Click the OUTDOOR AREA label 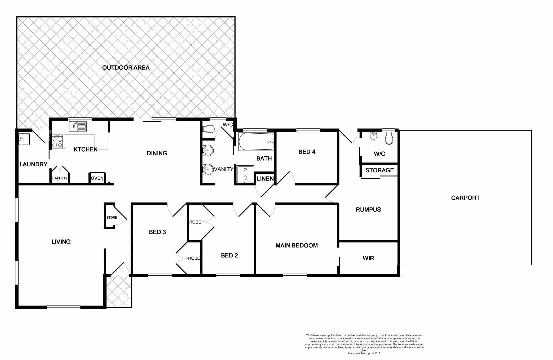pos(126,68)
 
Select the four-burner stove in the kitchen pos(57,142)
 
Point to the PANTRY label pos(60,178)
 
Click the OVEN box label pos(97,178)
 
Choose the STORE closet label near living pos(112,218)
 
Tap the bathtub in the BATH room pos(256,142)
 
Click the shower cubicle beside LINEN pos(245,175)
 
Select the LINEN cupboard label pos(265,179)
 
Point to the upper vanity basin pos(208,151)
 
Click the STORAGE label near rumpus pos(379,170)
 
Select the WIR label pos(368,258)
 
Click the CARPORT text pos(465,198)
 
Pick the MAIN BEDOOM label pos(296,246)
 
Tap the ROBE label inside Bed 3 pos(194,258)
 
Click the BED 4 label pos(307,152)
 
